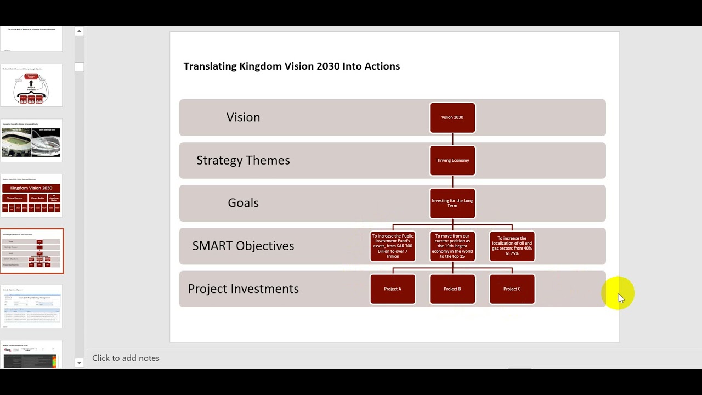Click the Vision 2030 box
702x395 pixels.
452,117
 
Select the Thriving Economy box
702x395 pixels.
452,160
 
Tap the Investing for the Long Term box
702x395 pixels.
452,203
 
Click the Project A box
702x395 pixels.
393,289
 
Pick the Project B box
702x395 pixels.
452,289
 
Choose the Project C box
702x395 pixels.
512,289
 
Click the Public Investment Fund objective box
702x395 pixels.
393,246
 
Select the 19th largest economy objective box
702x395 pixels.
452,246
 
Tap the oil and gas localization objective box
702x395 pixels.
512,246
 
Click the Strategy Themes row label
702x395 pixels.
243,160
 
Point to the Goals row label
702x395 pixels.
243,203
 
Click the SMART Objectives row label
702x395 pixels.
243,246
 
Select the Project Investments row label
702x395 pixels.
243,289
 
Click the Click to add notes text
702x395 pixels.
126,358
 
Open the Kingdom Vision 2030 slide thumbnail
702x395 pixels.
31,196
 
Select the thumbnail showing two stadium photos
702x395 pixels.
31,141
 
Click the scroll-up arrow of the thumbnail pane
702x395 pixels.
79,31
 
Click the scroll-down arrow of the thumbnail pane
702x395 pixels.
79,363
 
